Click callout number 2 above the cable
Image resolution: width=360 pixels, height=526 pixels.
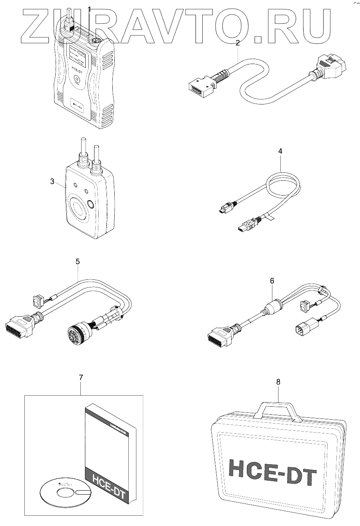coord(238,43)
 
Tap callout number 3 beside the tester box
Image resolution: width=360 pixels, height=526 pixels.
coord(52,181)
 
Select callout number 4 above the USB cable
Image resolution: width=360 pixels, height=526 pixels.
coord(280,151)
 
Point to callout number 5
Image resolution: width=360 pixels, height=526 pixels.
coord(78,261)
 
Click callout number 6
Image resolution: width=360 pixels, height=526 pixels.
coord(272,281)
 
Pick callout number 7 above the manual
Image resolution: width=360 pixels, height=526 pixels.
coord(81,378)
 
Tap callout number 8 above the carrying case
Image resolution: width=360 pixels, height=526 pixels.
coord(278,382)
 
